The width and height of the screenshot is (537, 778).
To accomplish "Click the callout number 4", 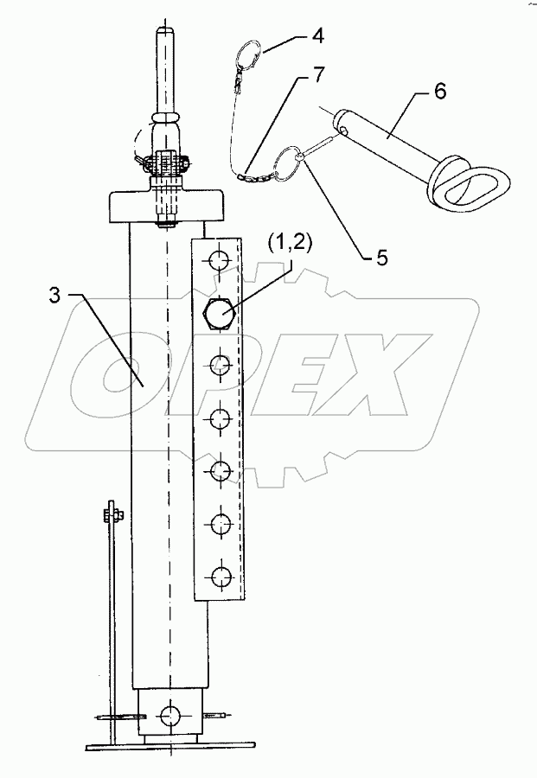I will (x=318, y=39).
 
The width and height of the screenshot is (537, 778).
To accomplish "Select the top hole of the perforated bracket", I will (x=220, y=258).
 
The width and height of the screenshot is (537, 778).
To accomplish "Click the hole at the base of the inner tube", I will (x=170, y=714).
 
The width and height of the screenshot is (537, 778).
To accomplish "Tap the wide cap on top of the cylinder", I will (x=167, y=207).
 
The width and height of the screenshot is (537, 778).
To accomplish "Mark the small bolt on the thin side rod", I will (x=112, y=516).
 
